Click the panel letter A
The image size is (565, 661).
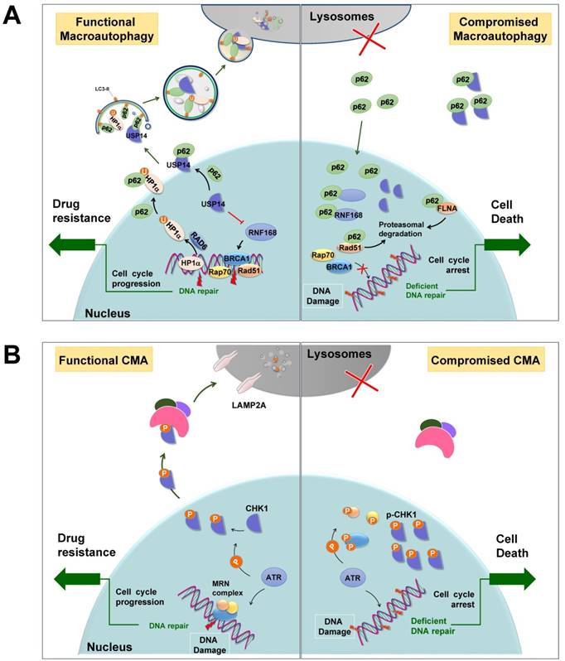[x=14, y=16]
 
